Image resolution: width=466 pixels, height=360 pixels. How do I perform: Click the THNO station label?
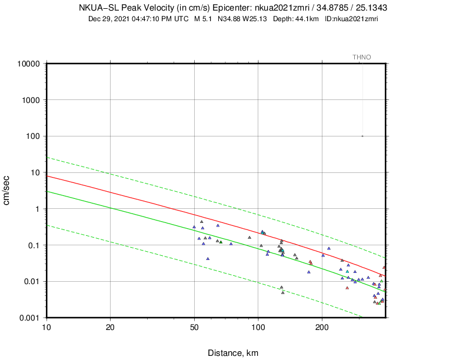[x=361, y=57]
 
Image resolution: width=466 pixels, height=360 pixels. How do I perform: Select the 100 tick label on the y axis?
[x=33, y=136]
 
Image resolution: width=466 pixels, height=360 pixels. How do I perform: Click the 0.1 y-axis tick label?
[x=34, y=245]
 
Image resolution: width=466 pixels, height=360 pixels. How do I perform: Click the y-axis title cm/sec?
[x=8, y=191]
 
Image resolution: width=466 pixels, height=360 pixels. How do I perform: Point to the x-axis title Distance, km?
[x=232, y=353]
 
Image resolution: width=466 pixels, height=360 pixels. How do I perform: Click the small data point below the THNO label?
[x=362, y=136]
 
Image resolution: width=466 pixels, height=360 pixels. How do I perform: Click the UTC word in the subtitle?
[x=181, y=18]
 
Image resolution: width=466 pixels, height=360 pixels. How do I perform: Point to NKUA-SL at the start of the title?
[x=97, y=8]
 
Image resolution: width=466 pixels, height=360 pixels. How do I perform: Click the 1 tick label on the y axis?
[x=38, y=209]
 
